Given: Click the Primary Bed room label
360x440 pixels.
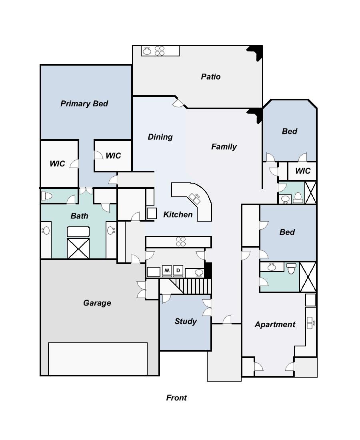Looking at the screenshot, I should [x=84, y=104].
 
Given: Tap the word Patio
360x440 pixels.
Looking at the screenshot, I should [x=210, y=76].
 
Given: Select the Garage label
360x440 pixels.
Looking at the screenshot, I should [x=97, y=303].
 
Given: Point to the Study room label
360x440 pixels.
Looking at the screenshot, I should [x=186, y=321].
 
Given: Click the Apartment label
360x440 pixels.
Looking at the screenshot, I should [x=275, y=324].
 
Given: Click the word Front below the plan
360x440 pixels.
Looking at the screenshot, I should [x=176, y=398].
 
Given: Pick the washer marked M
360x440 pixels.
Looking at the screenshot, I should [x=167, y=271].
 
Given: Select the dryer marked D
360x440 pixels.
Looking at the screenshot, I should [x=178, y=271].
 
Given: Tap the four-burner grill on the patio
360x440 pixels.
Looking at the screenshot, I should [x=160, y=51].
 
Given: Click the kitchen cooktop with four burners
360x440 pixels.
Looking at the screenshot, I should [x=181, y=242].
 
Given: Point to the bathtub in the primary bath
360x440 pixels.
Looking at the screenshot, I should [x=78, y=232].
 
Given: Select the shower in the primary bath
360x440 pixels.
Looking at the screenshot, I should [x=78, y=248].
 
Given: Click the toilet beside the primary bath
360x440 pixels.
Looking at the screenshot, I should [x=47, y=196].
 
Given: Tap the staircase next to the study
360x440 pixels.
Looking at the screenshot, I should [x=194, y=286].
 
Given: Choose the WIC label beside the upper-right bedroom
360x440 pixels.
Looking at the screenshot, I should [x=302, y=171].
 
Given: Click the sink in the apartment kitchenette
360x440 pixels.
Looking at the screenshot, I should [x=310, y=322].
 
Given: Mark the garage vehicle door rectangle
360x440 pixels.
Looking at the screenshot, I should [x=98, y=358].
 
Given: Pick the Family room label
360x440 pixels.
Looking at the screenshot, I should [x=224, y=147].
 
